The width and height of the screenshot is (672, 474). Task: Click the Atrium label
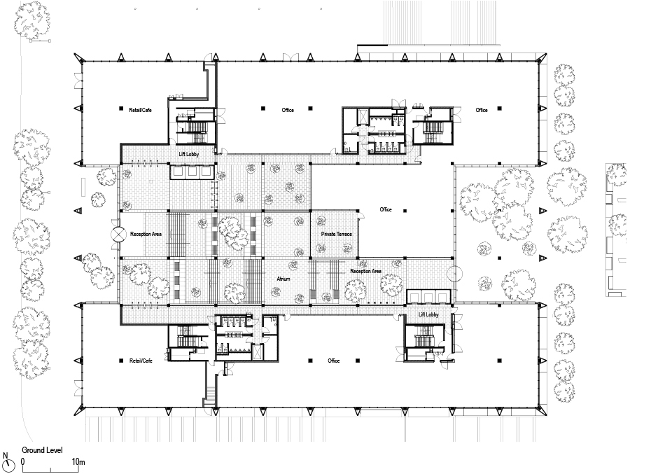tap(283, 279)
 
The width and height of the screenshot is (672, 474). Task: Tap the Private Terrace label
tap(337, 234)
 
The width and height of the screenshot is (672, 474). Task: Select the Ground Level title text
tap(43, 450)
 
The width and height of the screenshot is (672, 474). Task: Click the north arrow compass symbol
tap(7, 463)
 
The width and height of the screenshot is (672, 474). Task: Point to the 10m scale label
tap(78, 462)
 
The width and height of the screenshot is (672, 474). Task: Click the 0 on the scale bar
tap(22, 462)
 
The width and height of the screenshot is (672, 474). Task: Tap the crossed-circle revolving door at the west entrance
tap(118, 235)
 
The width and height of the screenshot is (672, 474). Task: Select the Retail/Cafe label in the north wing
tap(141, 110)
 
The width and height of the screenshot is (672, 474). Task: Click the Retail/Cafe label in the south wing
tap(141, 361)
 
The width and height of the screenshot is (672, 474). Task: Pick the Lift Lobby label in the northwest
tap(189, 154)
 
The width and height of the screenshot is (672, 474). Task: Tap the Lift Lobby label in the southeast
tap(428, 314)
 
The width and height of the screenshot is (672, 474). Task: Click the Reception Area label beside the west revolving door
tap(146, 234)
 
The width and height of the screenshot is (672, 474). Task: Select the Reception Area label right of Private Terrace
tap(365, 271)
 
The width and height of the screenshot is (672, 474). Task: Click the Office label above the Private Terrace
tap(386, 209)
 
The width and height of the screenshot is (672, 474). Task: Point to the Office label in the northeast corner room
tap(482, 110)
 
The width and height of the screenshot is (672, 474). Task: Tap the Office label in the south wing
tap(334, 361)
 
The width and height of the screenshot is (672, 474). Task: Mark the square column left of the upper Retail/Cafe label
tap(121, 109)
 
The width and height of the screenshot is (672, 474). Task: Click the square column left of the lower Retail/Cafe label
tap(121, 361)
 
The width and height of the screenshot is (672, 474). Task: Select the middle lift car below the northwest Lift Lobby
tap(192, 172)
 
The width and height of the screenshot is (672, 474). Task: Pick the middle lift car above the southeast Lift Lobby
tap(428, 297)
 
